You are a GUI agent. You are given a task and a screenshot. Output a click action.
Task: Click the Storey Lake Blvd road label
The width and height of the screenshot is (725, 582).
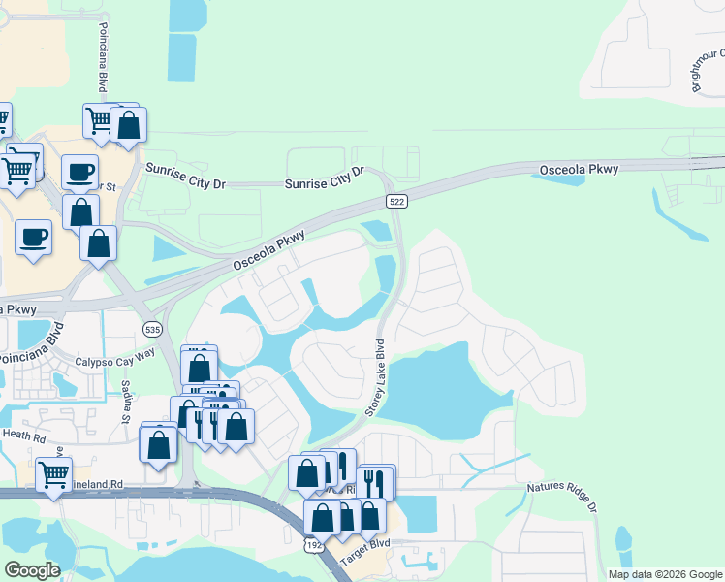pyautogui.click(x=375, y=378)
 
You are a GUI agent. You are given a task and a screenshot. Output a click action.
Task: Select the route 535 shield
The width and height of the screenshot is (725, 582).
pyautogui.click(x=152, y=330)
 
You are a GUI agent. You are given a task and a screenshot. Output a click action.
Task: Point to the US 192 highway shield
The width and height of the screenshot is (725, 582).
pyautogui.click(x=316, y=545)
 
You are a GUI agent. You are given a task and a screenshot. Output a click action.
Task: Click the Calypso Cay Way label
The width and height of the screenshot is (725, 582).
pyautogui.click(x=116, y=361)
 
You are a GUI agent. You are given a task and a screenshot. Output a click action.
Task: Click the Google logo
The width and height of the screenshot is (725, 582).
pyautogui.click(x=32, y=570)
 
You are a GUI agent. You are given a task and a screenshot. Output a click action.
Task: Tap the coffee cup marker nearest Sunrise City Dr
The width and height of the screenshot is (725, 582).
pyautogui.click(x=80, y=172)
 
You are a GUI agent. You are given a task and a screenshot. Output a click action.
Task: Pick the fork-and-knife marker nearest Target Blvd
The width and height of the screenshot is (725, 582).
pyautogui.click(x=374, y=482)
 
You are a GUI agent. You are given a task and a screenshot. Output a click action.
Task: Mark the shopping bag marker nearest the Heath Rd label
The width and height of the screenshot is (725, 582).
pyautogui.click(x=159, y=444)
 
